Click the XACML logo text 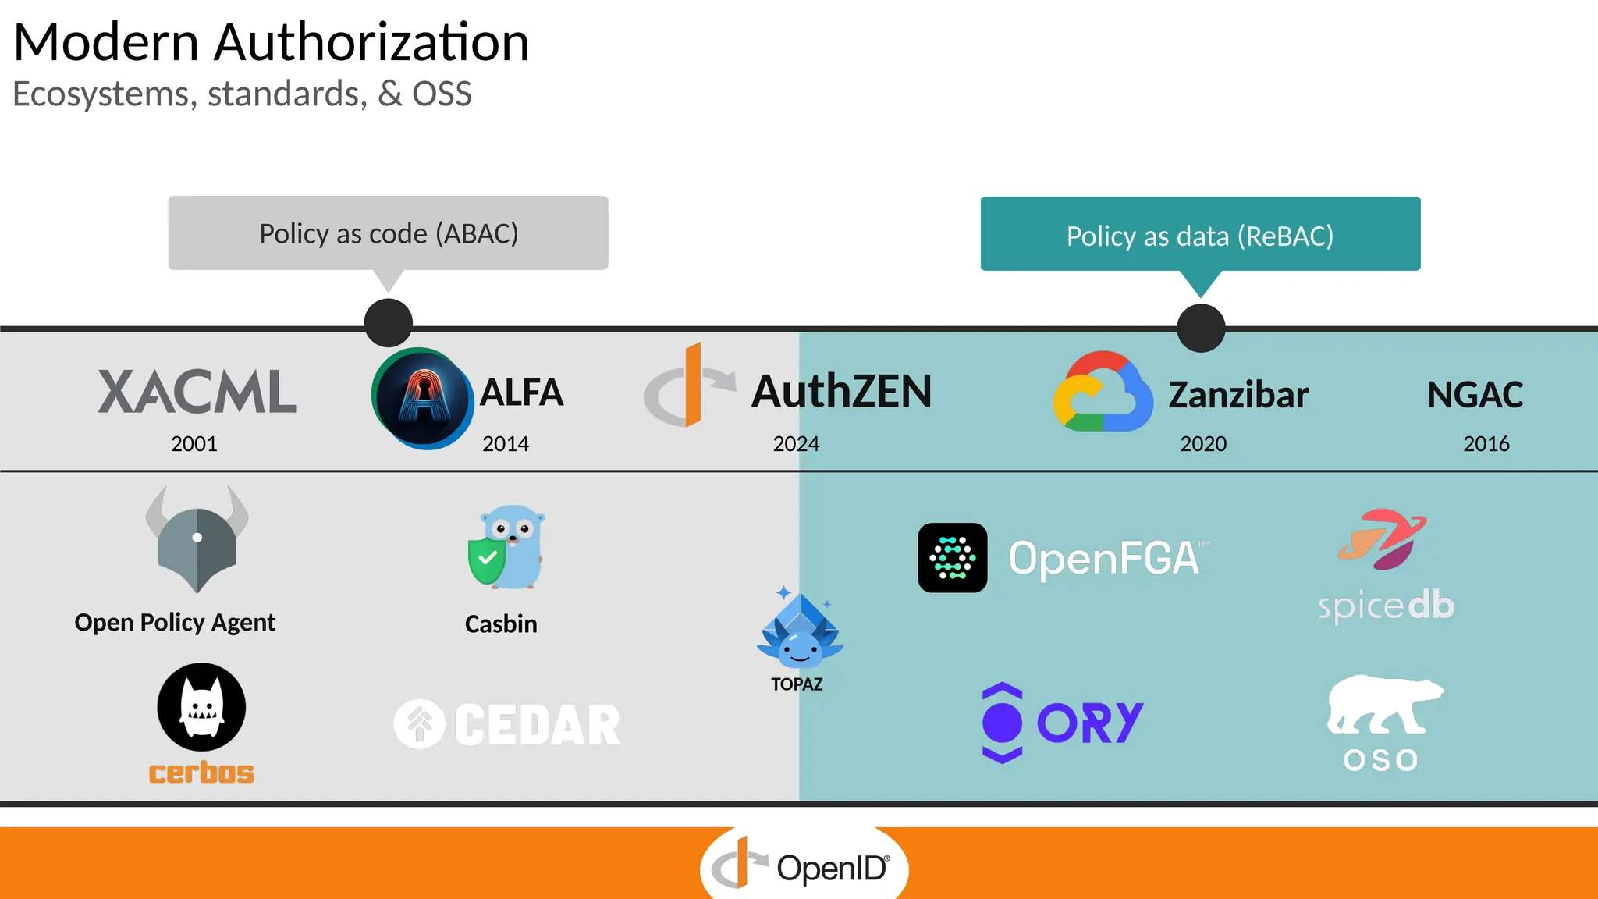197,392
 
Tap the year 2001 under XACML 194,444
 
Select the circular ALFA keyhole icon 423,399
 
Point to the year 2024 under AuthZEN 796,444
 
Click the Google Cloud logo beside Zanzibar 1103,393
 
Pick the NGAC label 1475,395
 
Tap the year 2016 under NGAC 1486,444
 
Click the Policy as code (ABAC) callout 388,233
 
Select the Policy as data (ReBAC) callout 1200,235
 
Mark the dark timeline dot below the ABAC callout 389,323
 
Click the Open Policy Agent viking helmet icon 197,538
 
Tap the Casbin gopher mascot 506,547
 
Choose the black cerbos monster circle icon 201,707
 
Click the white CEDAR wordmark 537,725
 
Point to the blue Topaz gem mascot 800,631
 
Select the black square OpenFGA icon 952,558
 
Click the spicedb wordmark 1386,606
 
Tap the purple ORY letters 1090,723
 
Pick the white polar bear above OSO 1383,705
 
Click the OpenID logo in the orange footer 804,867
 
